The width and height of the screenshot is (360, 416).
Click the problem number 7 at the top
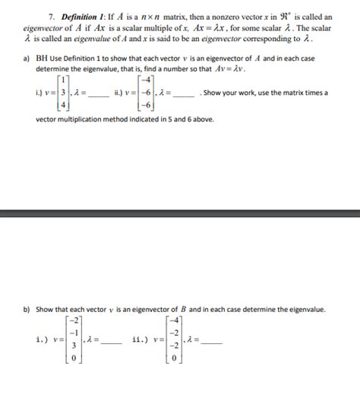tap(51, 15)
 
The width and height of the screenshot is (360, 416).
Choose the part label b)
tap(40, 310)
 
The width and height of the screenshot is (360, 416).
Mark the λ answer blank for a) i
tap(103, 94)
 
